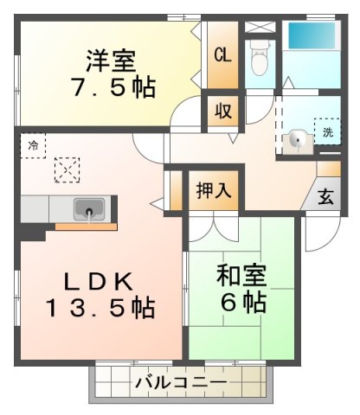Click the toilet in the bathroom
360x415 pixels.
[259, 57]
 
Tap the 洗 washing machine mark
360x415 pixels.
[328, 132]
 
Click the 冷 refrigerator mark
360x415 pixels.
[31, 144]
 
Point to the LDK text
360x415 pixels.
[97, 282]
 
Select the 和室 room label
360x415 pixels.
[242, 278]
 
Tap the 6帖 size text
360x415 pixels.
[242, 303]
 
